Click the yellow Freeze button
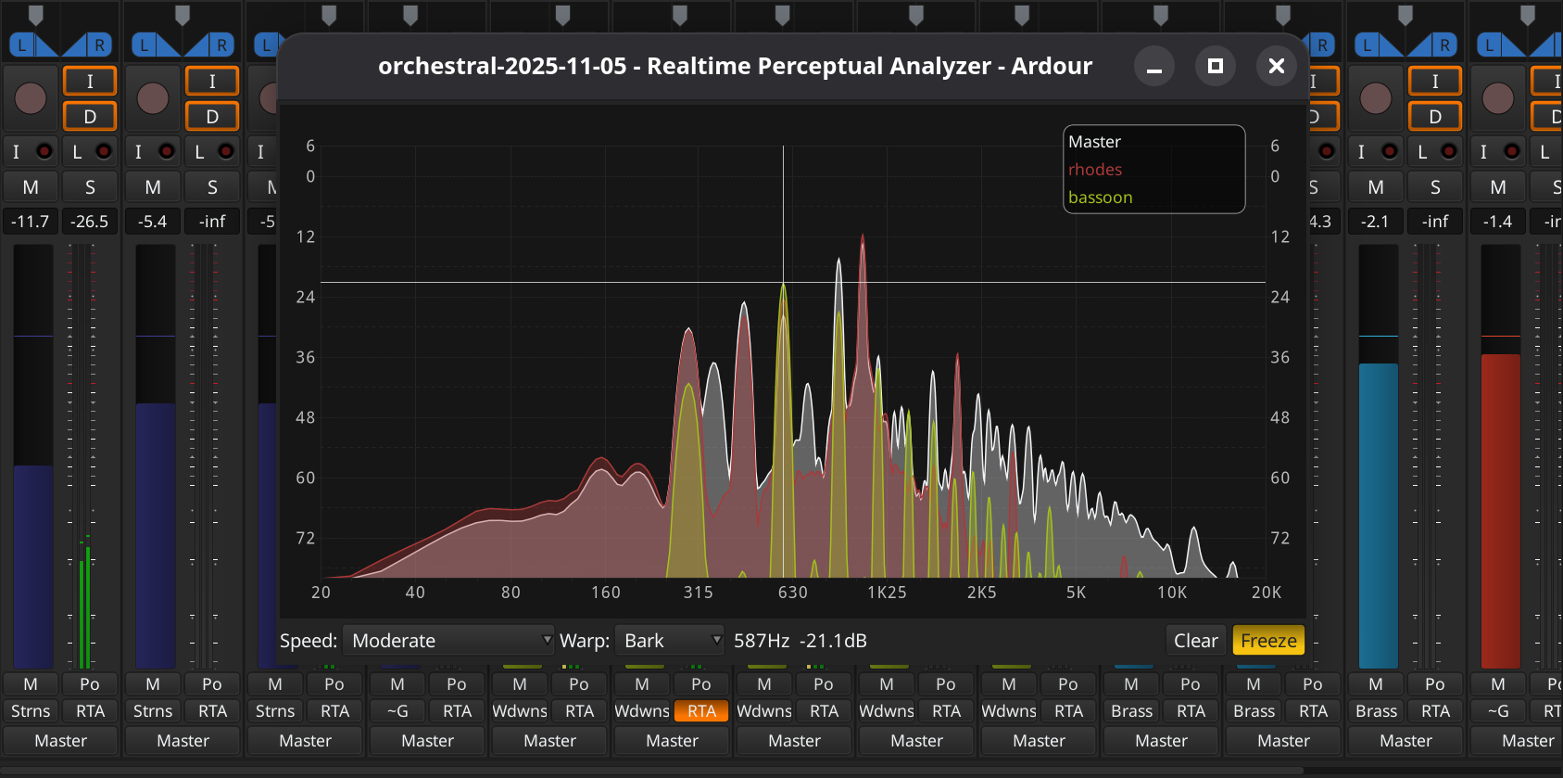tap(1267, 641)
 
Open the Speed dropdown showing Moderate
tap(448, 641)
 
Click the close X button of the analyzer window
tap(1276, 66)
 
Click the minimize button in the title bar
tap(1153, 66)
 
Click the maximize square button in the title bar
tap(1215, 66)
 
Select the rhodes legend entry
tap(1095, 170)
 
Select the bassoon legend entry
tap(1100, 198)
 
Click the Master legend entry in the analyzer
tap(1094, 142)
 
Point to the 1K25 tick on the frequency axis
tap(887, 593)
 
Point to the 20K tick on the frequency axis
tap(1266, 593)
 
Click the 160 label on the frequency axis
tap(606, 593)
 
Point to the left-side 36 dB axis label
tap(305, 357)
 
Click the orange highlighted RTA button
tap(701, 711)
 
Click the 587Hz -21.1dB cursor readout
tap(800, 641)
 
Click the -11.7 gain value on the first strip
tap(31, 222)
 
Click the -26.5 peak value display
tap(90, 222)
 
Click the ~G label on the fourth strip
tap(397, 711)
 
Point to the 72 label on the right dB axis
tap(1279, 538)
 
